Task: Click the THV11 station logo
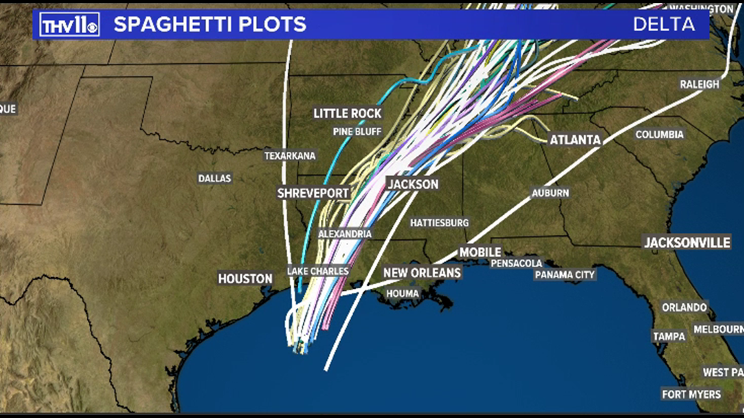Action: point(69,25)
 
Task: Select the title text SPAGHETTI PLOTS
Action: point(209,25)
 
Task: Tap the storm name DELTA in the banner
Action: point(663,25)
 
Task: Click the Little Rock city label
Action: point(347,113)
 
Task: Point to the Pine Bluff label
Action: point(357,131)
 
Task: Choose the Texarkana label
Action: point(290,156)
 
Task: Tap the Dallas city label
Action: point(215,178)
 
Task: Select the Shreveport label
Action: point(313,193)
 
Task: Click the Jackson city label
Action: point(413,184)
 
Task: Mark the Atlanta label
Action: point(575,140)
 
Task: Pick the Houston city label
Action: point(245,278)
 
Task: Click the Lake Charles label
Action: point(318,271)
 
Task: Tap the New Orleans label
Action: point(422,273)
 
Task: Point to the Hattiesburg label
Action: point(439,222)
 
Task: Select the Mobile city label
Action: point(480,252)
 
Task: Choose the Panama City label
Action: point(565,275)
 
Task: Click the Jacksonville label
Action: point(687,243)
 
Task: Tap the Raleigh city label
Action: point(699,84)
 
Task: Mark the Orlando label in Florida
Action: point(685,307)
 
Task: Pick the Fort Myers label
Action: point(691,394)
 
